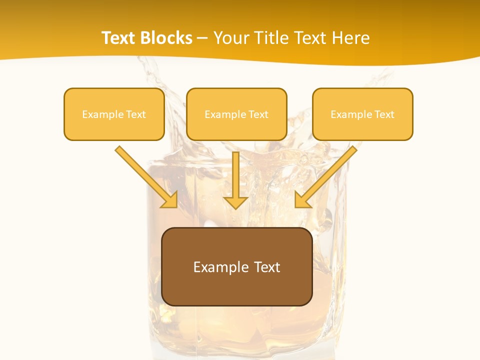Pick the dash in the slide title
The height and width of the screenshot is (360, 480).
[x=202, y=38]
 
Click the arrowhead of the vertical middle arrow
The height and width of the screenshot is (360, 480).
[x=236, y=202]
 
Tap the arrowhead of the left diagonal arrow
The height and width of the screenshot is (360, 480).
[x=170, y=200]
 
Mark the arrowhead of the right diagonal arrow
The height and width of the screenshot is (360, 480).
[x=302, y=200]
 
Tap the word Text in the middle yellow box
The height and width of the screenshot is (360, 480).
[x=258, y=114]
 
